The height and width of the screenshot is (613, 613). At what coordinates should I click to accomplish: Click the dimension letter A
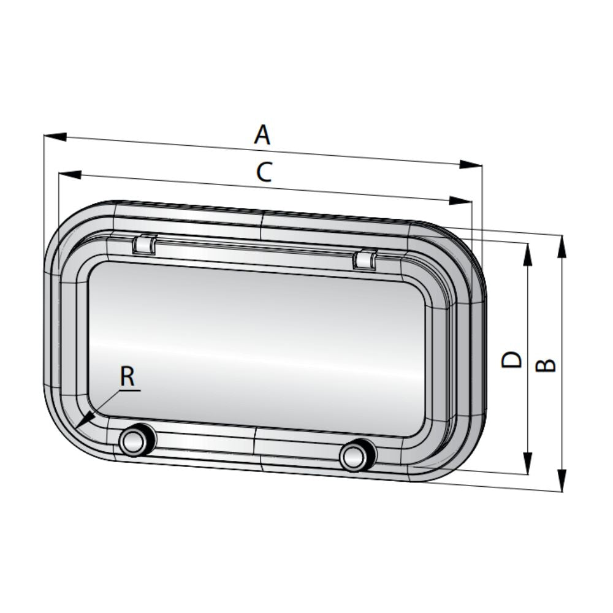262,134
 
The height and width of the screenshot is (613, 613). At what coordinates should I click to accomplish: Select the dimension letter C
264,173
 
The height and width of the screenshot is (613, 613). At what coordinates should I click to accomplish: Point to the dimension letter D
511,359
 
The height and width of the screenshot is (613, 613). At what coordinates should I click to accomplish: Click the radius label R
127,376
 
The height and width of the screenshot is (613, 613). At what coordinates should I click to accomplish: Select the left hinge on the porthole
144,243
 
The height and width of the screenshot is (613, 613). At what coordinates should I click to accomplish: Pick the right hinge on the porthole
365,259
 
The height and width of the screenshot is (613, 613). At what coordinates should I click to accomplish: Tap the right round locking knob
356,456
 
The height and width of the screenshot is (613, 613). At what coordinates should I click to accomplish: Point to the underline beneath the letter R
129,390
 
